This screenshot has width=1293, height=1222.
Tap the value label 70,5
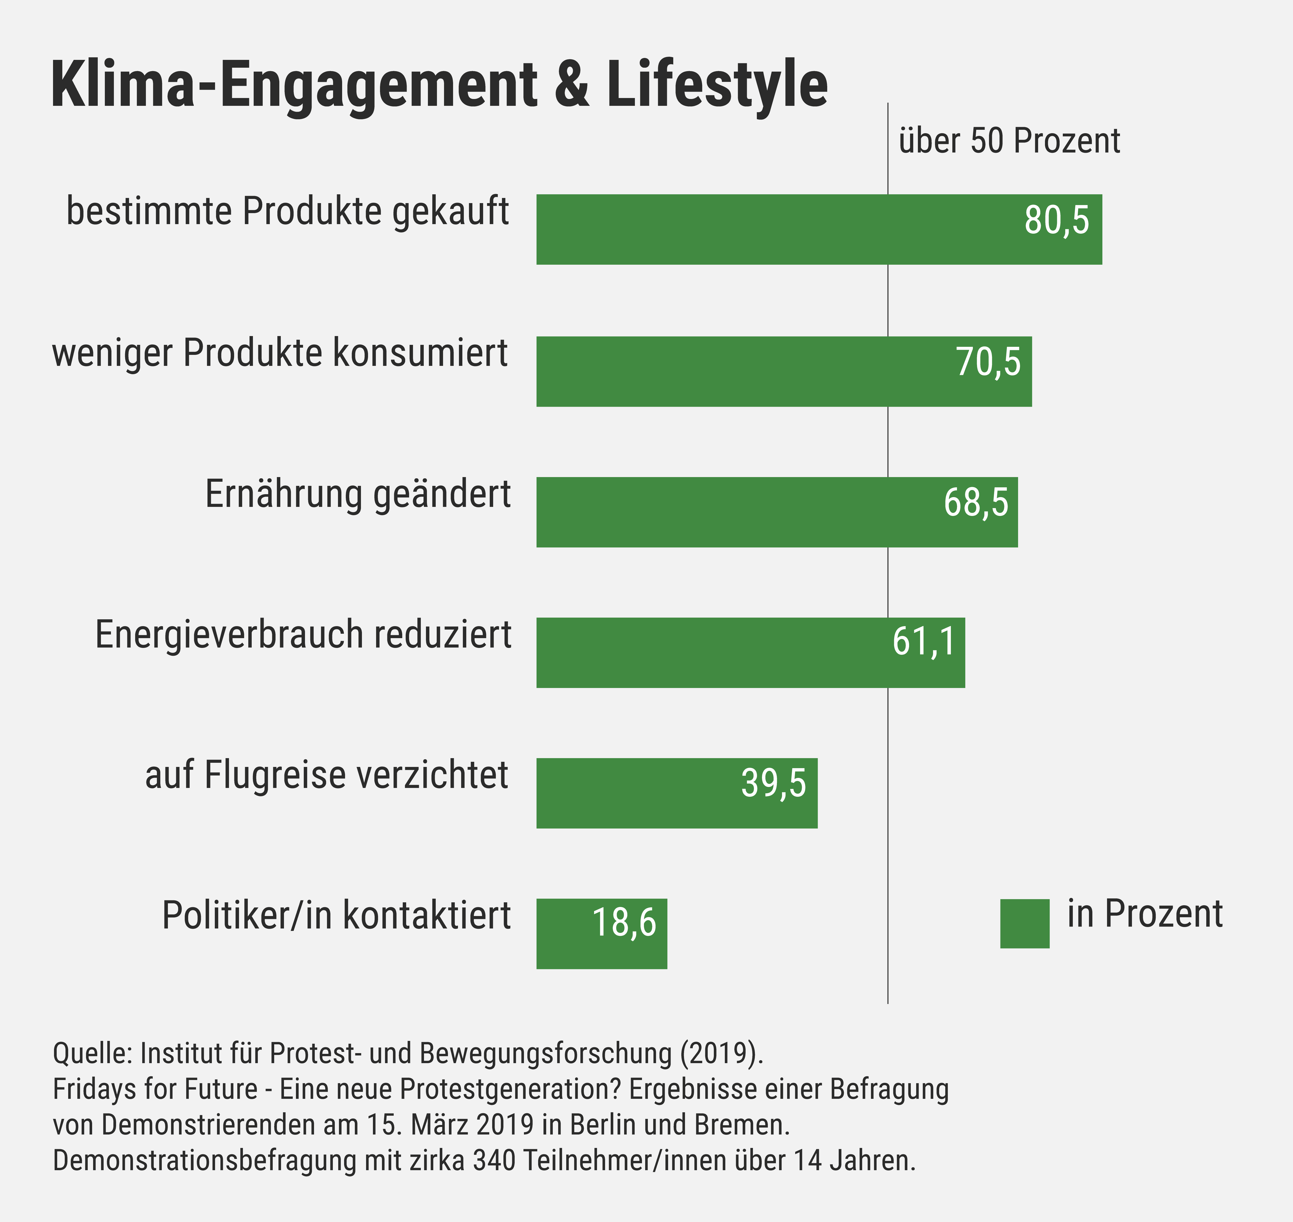(988, 362)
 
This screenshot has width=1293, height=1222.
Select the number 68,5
(976, 503)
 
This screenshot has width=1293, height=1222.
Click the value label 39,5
(773, 783)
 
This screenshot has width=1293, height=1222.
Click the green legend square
(1025, 924)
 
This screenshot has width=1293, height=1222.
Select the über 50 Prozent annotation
(1009, 141)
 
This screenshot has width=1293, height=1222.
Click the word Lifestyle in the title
(717, 85)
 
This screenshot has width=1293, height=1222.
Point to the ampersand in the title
(573, 85)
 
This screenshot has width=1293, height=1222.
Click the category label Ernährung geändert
(358, 494)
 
